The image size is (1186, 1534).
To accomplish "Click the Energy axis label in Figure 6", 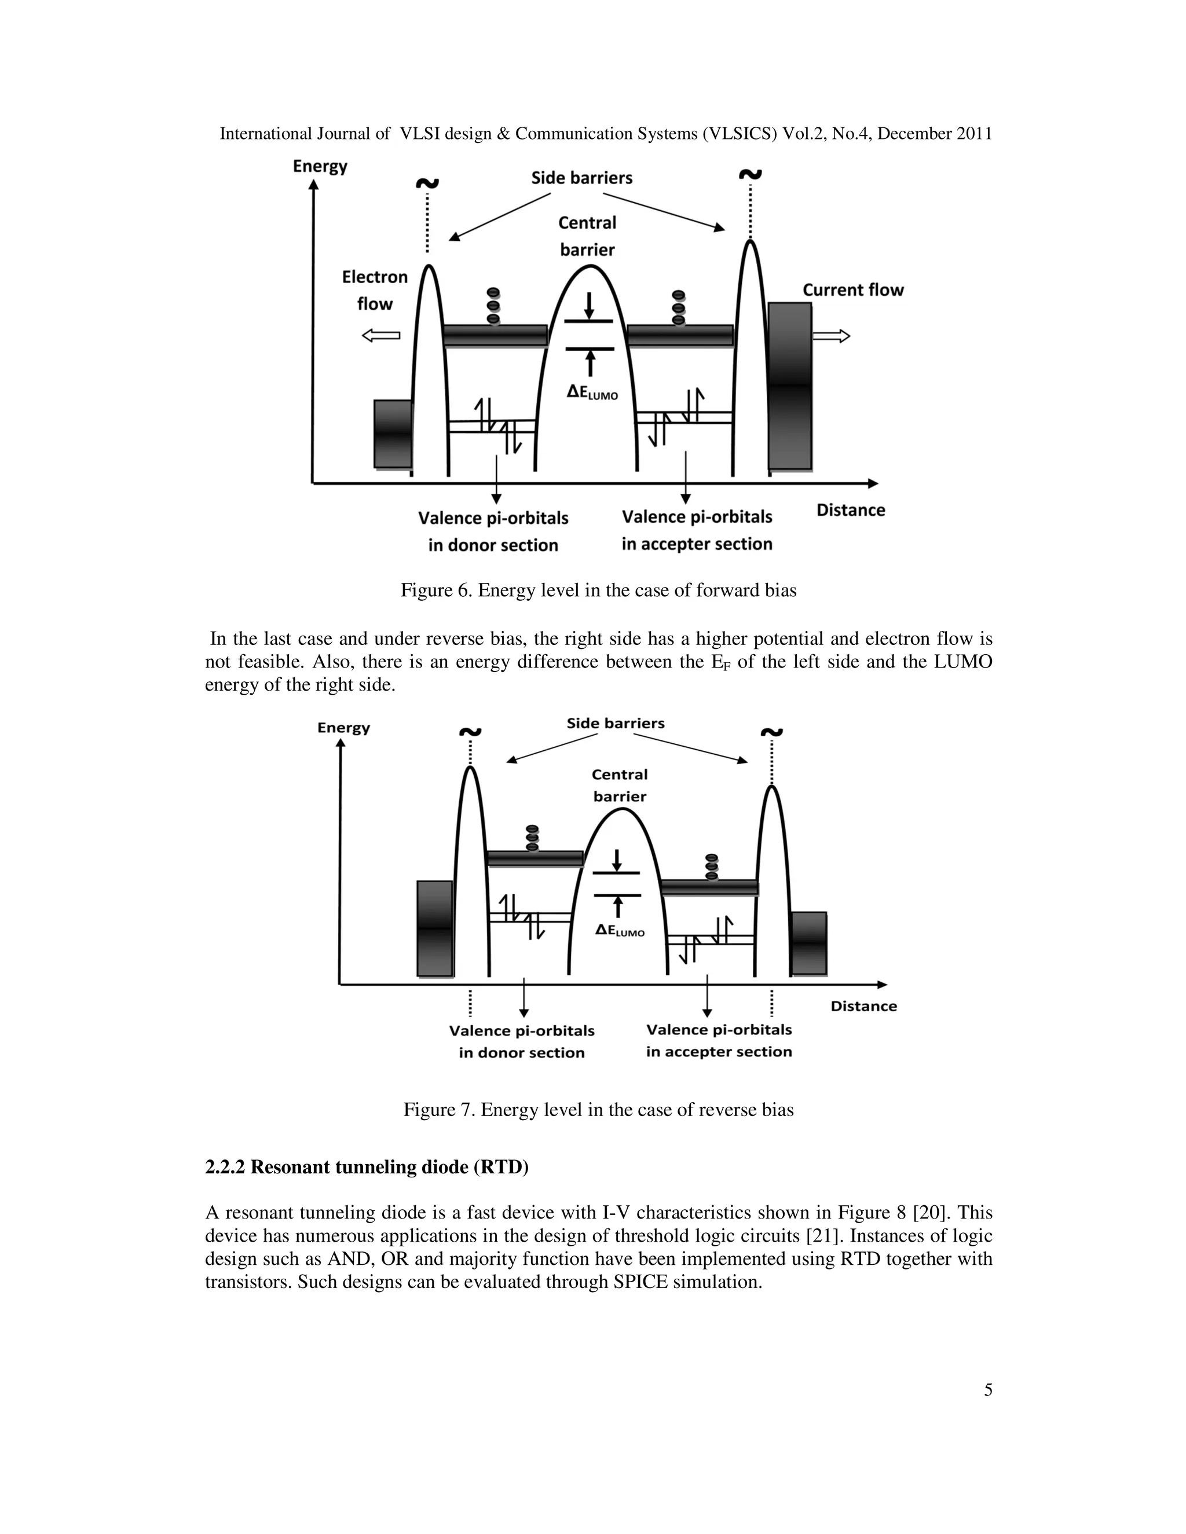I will coord(320,167).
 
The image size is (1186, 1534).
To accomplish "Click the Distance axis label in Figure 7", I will coord(863,1006).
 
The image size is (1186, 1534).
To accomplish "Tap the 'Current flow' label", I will coord(853,290).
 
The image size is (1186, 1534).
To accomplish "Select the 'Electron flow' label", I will coord(375,290).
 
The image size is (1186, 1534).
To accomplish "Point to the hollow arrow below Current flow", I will coord(831,336).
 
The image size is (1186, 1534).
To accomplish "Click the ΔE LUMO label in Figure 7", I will coord(619,931).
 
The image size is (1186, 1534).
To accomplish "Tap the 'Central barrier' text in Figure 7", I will coord(619,786).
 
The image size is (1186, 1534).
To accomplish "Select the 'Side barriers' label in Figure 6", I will coord(582,178).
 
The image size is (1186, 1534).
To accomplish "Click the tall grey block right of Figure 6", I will coord(790,386).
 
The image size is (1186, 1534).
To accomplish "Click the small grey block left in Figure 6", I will coord(393,434).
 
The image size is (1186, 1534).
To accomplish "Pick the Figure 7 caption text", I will coord(598,1110).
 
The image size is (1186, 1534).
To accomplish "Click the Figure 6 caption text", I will coord(598,590).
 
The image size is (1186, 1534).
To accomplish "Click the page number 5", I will coord(988,1390).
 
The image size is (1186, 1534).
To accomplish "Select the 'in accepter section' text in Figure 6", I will coord(696,544).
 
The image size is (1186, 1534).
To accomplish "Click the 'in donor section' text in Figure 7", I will coord(521,1053).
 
